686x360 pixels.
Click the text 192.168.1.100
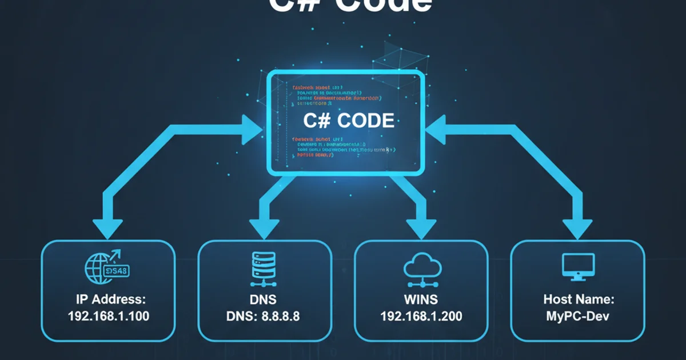pos(108,315)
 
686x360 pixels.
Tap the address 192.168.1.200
pos(421,315)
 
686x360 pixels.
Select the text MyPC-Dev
pos(577,315)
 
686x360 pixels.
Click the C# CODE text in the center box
pos(349,121)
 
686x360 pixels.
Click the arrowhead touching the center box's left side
pos(252,129)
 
